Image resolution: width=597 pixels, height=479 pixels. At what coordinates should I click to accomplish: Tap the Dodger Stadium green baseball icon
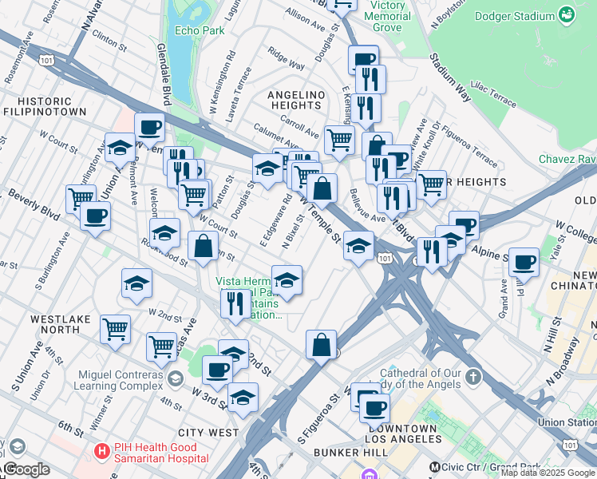click(566, 16)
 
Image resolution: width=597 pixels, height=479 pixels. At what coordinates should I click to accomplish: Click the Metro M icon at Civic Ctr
click(435, 466)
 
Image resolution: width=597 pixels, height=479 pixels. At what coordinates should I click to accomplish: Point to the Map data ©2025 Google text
click(548, 473)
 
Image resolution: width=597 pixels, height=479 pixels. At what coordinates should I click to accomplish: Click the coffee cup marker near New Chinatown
click(524, 263)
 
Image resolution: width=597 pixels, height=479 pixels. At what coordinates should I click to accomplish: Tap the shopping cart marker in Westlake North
click(116, 328)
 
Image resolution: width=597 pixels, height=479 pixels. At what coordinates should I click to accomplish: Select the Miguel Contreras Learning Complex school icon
click(175, 376)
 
